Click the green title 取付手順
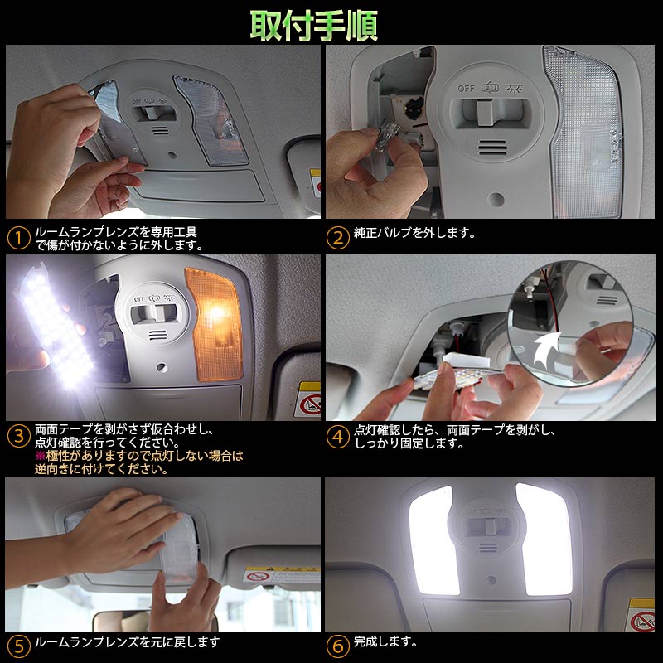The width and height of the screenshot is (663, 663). pos(314,25)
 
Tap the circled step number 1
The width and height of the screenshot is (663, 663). pos(18,238)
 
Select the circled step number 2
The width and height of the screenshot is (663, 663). pos(337,238)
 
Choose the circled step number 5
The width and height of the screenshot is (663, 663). pos(18,645)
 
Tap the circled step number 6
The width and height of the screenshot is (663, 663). pos(337,645)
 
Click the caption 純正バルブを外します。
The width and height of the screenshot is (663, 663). pos(415,233)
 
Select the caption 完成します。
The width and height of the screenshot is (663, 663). pos(385,641)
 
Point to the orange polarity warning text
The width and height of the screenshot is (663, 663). pos(138,462)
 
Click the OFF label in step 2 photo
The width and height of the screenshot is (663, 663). pos(467,87)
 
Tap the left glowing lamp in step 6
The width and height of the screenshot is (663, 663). pos(432,539)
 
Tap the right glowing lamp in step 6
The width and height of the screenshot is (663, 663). pos(544,539)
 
